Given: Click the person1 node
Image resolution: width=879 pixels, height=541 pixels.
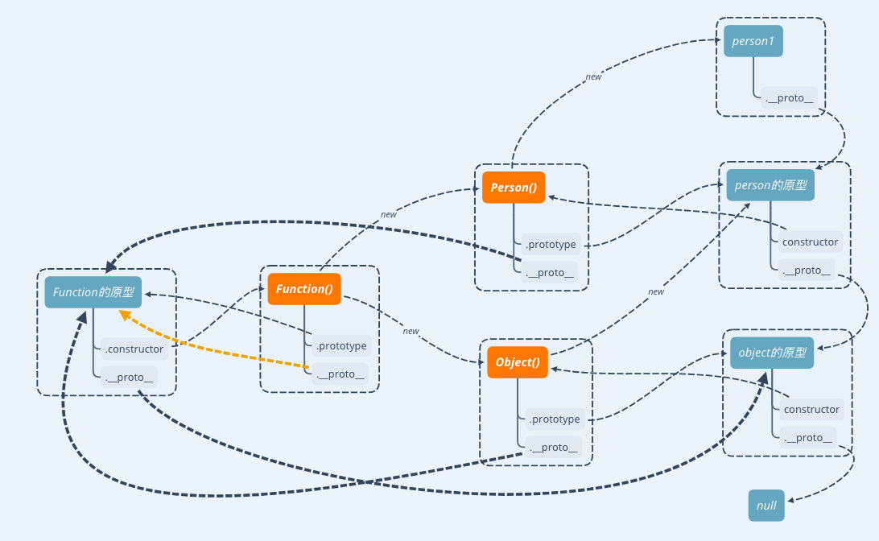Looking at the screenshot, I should coord(753,41).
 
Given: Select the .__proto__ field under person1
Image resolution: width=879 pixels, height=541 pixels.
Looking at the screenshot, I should coord(789,98).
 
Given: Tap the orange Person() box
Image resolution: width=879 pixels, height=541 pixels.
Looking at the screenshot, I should coord(514,188).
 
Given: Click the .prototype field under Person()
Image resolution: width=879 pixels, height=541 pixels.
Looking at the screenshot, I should coord(551,244).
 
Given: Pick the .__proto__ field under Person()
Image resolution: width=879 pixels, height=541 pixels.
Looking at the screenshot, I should coord(551,272).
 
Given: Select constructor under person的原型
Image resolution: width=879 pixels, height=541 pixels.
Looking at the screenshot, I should coord(811,242).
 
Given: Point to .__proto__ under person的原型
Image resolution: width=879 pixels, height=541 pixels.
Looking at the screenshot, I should coord(806,270).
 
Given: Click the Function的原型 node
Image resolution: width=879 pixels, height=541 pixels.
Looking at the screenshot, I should coord(93,292).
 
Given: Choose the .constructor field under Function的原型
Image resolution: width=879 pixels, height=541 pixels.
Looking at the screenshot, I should coord(134,349).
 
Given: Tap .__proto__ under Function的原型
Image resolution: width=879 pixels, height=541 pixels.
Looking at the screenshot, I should coord(129,377).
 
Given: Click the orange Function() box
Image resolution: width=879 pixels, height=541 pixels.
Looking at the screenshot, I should coord(304,289).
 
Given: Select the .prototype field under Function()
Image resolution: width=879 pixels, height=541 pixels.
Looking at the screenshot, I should coord(341,346).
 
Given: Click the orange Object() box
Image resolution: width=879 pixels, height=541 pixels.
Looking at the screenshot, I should coord(518,362).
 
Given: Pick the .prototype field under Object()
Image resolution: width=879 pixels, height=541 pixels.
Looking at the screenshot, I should coord(554,419).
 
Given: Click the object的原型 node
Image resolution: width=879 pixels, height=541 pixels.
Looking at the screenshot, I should coord(772,353).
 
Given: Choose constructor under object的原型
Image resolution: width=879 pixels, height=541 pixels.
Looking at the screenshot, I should coord(811,409).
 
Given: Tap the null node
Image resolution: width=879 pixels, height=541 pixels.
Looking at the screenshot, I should coord(766,506).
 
